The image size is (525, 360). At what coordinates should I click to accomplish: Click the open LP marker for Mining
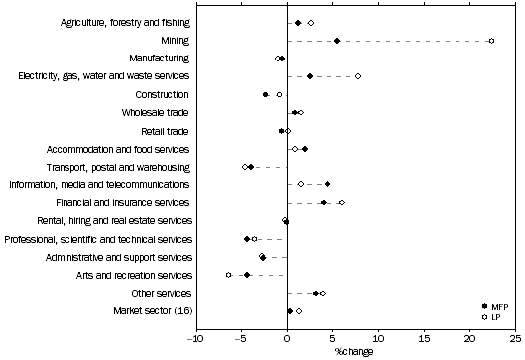491,41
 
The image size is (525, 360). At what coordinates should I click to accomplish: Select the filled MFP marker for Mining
337,41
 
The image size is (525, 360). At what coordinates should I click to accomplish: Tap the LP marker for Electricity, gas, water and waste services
358,76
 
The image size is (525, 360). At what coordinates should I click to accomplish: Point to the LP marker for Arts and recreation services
229,275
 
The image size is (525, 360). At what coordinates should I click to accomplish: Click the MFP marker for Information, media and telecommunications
328,184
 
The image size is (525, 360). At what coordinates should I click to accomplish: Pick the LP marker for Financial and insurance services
342,202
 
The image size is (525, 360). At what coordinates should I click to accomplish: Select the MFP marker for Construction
266,94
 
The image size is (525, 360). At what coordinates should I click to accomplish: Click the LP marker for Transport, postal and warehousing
245,167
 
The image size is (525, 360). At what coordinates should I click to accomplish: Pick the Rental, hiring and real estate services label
114,220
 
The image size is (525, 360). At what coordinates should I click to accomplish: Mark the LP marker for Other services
323,293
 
